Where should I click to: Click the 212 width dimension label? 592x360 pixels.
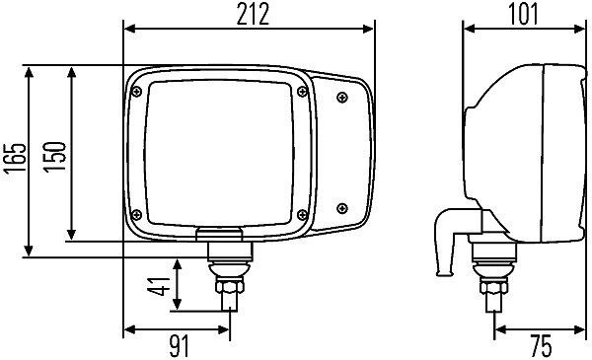tap(250, 15)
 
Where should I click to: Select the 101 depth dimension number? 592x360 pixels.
tap(524, 15)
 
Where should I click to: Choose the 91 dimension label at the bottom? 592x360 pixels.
tap(177, 346)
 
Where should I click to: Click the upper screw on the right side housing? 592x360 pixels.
tap(341, 96)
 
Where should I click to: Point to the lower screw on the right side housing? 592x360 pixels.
tap(341, 207)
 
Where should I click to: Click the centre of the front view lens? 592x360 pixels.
tap(217, 152)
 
